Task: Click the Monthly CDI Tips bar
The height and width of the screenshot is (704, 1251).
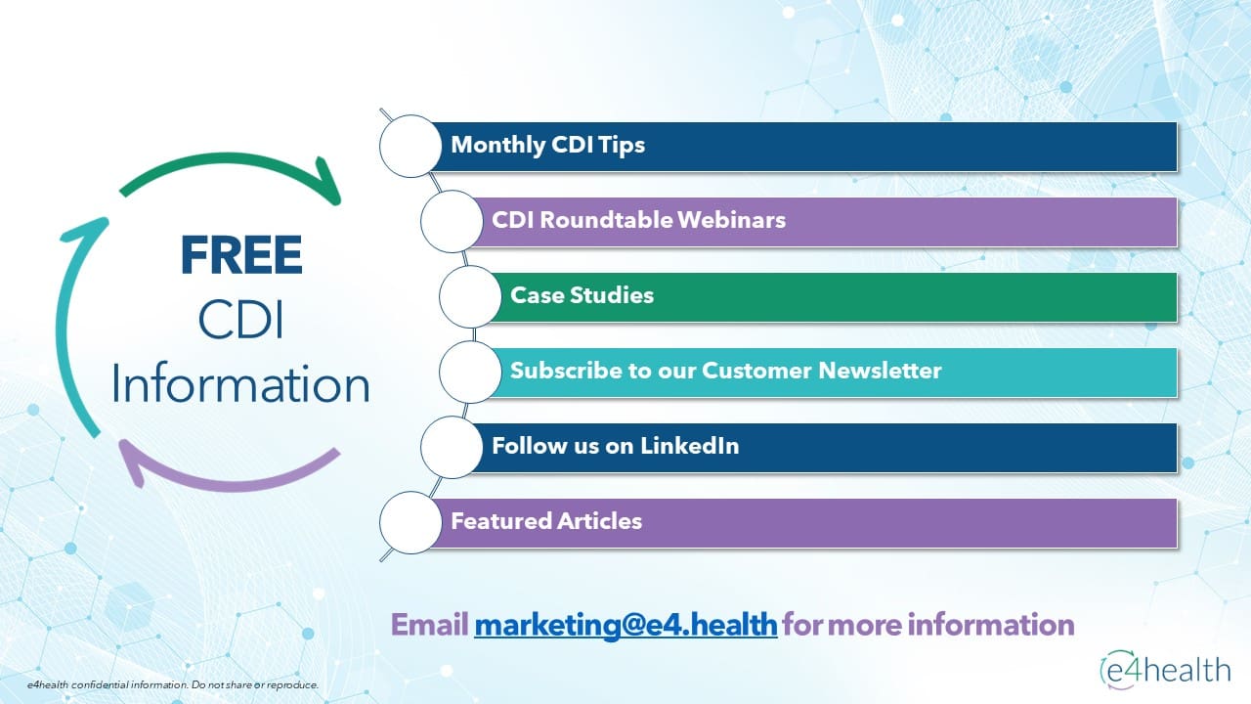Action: point(804,147)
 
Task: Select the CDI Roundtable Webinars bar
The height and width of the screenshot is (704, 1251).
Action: point(825,222)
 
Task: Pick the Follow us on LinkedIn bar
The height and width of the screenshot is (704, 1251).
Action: point(825,448)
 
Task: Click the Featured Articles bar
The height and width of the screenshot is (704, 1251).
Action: point(804,523)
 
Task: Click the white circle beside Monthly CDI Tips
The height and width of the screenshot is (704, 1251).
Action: point(410,147)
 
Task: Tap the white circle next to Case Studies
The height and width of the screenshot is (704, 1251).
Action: point(470,296)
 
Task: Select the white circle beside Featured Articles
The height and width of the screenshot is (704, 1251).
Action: point(410,523)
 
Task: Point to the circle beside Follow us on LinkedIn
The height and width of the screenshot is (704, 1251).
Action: point(452,448)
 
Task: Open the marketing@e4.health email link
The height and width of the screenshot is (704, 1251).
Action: point(625,625)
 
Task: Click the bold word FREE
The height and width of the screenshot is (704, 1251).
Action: point(241,255)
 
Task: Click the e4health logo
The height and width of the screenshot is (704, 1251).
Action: point(1166,670)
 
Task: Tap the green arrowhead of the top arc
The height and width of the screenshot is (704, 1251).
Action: point(329,182)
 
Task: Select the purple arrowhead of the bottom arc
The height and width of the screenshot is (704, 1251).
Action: point(133,461)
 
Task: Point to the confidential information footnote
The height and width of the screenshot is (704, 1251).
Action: point(173,684)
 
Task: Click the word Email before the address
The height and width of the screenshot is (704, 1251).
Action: point(429,625)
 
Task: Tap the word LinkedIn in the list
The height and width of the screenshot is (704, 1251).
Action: point(689,446)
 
